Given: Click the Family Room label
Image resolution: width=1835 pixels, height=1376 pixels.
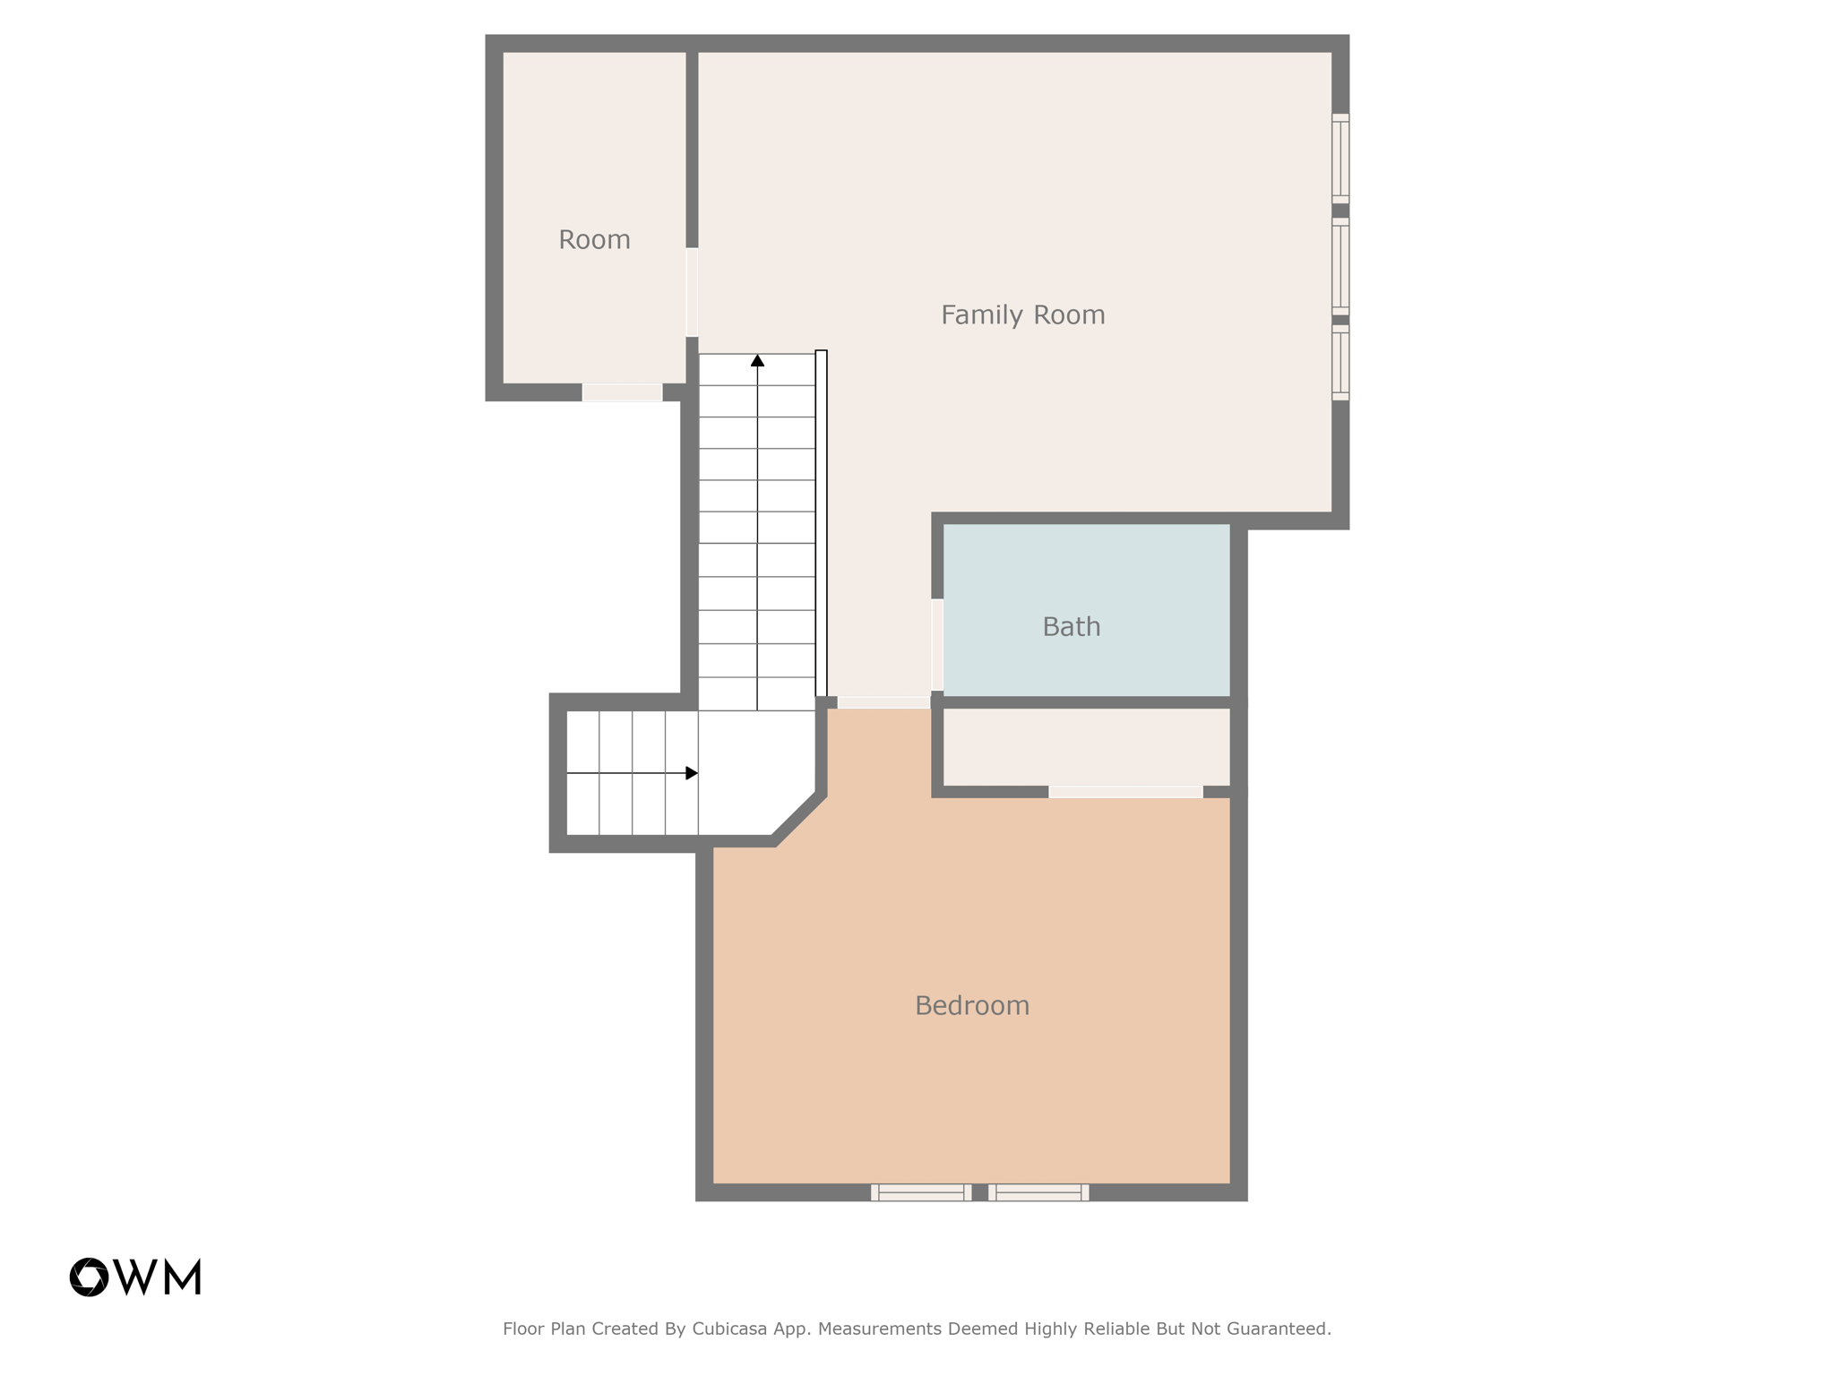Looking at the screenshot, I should (1022, 315).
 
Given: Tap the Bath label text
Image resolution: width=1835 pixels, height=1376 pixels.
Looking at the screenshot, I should (1071, 627).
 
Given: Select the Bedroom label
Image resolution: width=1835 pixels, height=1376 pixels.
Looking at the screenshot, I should (971, 1006).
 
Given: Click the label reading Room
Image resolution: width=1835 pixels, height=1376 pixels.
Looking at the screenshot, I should (594, 240).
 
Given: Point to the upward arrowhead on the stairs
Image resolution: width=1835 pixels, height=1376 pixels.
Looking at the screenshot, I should (757, 360).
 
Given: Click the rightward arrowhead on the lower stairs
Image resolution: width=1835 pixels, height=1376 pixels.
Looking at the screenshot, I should (691, 773).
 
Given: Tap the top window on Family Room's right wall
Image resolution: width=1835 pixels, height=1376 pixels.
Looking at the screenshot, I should (1340, 159).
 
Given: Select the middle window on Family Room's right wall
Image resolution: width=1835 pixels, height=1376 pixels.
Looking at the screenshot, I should (1340, 266).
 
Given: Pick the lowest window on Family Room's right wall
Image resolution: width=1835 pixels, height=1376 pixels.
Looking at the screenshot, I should (1340, 362).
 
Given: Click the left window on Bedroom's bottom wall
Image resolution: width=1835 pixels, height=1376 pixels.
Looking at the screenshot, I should (920, 1191).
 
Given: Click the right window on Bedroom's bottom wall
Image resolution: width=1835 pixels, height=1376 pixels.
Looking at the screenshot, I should (1038, 1191).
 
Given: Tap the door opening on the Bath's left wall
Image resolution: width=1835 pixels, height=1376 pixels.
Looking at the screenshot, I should (937, 644).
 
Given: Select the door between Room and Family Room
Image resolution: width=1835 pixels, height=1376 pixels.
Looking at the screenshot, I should (692, 292).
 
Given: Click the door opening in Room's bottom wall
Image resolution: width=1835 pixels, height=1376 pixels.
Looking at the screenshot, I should (622, 392).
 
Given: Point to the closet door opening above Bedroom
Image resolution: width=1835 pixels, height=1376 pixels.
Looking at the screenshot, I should (1124, 792).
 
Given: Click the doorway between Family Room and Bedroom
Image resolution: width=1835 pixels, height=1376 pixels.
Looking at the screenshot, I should (883, 702).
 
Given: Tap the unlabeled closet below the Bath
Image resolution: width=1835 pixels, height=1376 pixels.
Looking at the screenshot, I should (1086, 747).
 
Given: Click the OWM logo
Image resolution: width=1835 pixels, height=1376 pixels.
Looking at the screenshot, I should (135, 1277).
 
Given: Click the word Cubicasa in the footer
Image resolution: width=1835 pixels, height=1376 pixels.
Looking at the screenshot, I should (728, 1329).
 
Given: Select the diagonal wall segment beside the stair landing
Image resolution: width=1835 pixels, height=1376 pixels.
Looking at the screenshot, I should (799, 818).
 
